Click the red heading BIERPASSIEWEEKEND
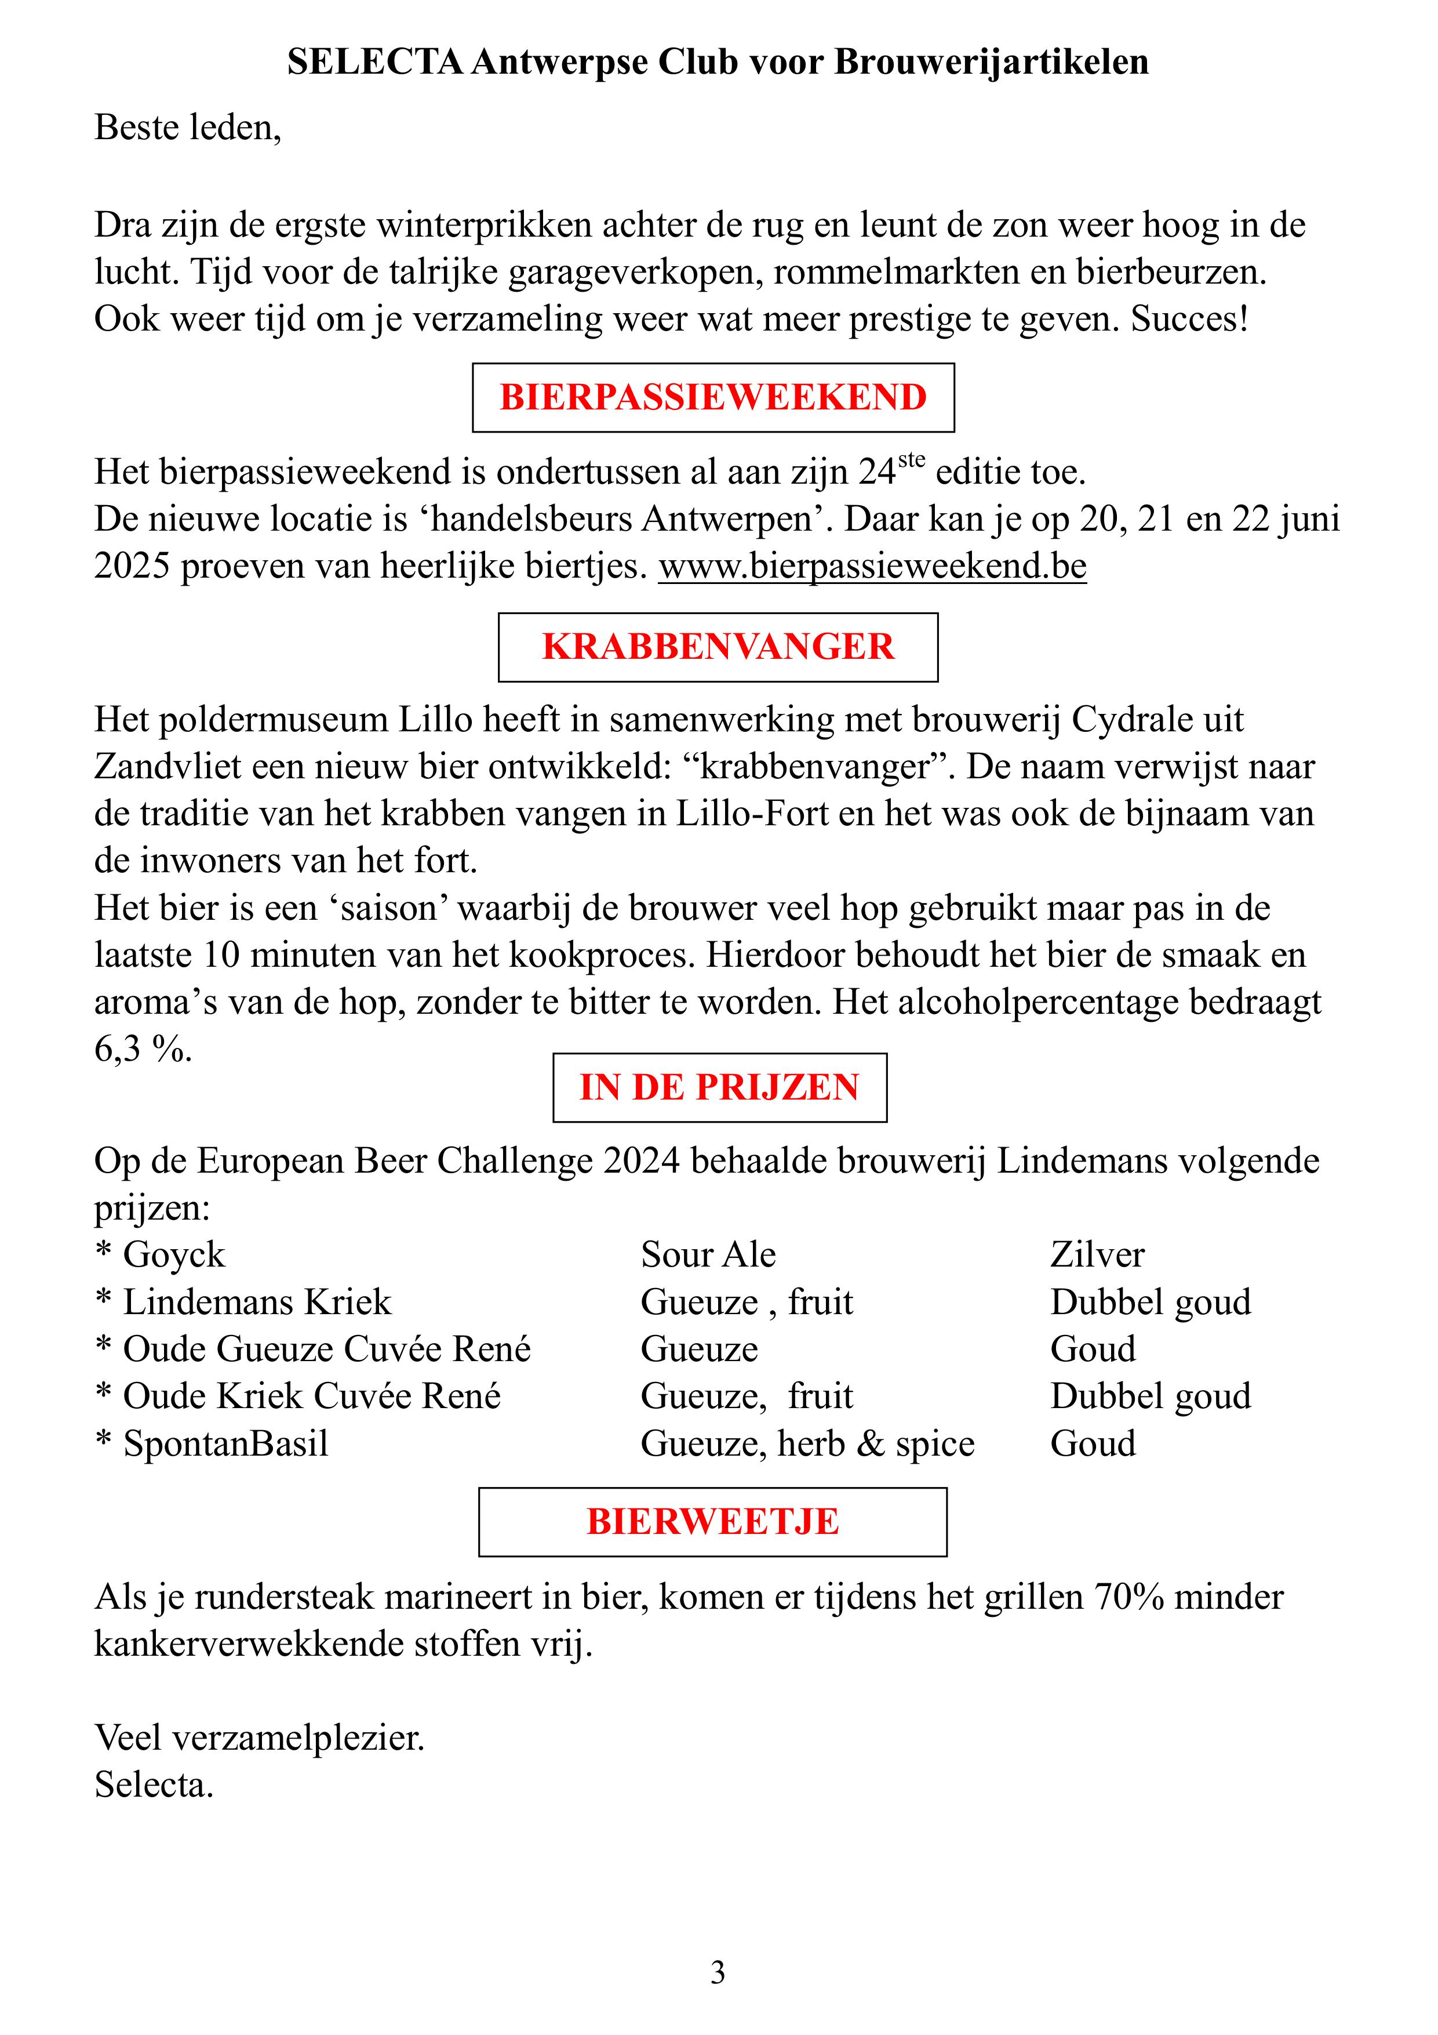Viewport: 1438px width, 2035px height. click(x=713, y=397)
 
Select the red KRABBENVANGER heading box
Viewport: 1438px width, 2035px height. click(x=718, y=647)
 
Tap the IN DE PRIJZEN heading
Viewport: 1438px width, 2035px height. click(x=719, y=1087)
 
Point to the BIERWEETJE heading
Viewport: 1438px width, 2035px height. click(x=712, y=1522)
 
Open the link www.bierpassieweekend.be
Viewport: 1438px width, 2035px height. click(x=872, y=567)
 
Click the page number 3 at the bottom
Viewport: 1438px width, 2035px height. click(x=718, y=1973)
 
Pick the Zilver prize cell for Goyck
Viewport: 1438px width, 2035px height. click(x=1097, y=1255)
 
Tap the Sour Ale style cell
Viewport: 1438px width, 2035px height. click(x=708, y=1255)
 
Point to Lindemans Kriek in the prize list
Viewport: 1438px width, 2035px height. click(x=257, y=1302)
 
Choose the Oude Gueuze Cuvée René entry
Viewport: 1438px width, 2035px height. click(x=327, y=1349)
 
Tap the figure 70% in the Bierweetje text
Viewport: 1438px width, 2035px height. click(x=1129, y=1597)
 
